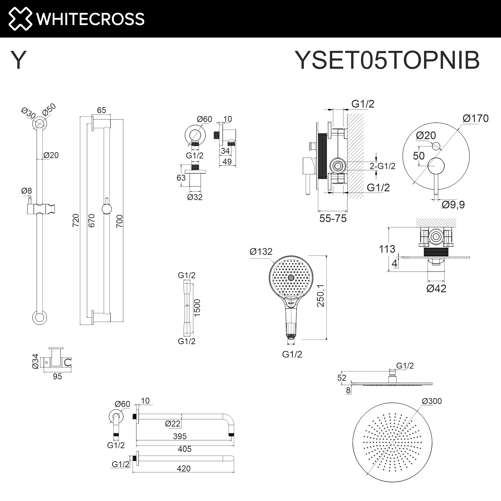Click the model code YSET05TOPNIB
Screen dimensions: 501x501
(387, 60)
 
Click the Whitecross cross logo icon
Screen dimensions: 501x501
(20, 19)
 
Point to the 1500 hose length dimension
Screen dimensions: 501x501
(197, 308)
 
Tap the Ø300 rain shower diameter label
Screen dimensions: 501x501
(432, 401)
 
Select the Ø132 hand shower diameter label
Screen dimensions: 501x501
(261, 252)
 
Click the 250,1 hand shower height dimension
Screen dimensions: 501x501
(321, 296)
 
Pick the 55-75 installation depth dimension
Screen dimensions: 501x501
(333, 219)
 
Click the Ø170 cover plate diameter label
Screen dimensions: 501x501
(475, 118)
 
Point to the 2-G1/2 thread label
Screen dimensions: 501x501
(382, 166)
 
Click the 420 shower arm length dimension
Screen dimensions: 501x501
(184, 468)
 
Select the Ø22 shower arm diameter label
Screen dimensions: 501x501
(172, 424)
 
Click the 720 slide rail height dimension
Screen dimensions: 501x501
(76, 220)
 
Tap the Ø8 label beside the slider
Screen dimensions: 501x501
(27, 191)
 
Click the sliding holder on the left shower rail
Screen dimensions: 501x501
(41, 209)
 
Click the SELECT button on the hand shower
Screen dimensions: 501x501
(291, 303)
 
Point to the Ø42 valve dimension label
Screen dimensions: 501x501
(436, 289)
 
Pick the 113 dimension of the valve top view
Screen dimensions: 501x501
(387, 249)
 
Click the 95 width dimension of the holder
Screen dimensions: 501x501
(57, 376)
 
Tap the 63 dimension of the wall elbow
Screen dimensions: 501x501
(181, 178)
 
